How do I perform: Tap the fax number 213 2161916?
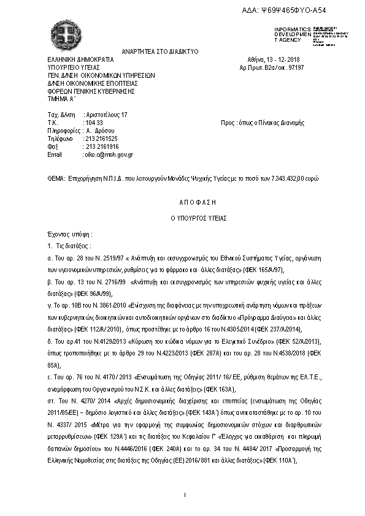click(x=102, y=147)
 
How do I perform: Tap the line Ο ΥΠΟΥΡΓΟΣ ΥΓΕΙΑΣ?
click(x=182, y=218)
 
